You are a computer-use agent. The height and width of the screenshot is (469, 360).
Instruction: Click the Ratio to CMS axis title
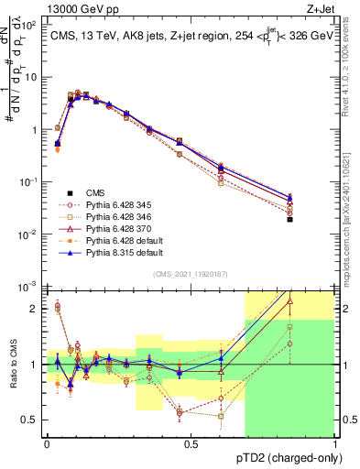tap(12, 377)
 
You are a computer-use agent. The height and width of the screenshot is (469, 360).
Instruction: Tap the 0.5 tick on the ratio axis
tap(33, 420)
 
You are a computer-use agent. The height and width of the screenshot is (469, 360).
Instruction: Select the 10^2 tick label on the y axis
tap(30, 25)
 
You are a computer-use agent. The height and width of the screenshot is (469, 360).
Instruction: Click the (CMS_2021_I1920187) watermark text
tap(190, 273)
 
